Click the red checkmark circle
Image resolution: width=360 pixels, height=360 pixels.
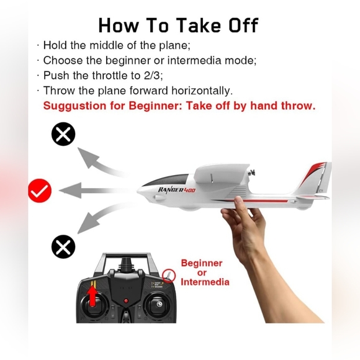point(40,191)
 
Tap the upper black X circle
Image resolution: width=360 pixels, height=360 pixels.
point(63,134)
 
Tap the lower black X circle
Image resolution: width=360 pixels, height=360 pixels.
point(63,247)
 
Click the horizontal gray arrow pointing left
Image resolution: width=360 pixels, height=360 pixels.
point(90,190)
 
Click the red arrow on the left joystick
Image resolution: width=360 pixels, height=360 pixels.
point(94,295)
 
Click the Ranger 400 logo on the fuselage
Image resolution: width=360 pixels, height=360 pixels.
point(176,189)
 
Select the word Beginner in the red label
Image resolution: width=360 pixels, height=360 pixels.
point(201,263)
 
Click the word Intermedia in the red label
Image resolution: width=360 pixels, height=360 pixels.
point(205,282)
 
